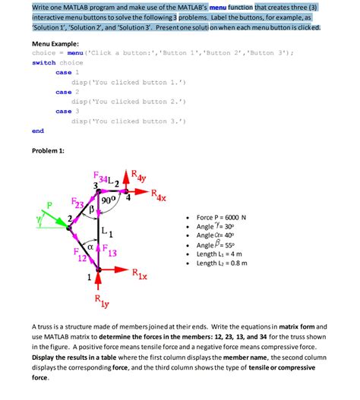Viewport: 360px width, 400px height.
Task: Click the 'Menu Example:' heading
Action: (x=57, y=43)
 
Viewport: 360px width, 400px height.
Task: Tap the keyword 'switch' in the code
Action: (x=43, y=63)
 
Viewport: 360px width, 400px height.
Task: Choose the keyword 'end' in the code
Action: (x=38, y=131)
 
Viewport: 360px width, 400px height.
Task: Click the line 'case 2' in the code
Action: (x=64, y=92)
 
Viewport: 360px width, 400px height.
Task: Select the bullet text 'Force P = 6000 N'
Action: (x=226, y=217)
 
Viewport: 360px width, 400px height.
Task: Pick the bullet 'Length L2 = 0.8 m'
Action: (x=230, y=263)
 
